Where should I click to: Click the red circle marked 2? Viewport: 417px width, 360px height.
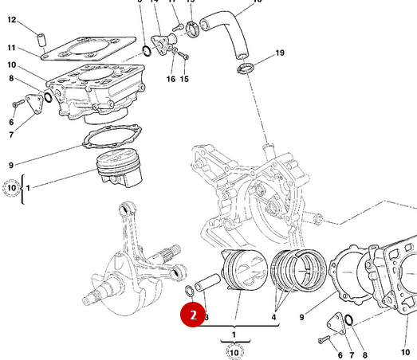[x=191, y=315]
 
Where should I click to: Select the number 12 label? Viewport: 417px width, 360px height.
[x=11, y=20]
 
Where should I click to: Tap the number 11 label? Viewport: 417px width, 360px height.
[x=11, y=48]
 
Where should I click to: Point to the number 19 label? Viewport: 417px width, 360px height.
[x=279, y=53]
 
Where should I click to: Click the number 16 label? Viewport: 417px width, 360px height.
[x=171, y=79]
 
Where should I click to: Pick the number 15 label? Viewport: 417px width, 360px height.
[x=184, y=79]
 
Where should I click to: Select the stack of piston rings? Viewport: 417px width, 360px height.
[x=297, y=272]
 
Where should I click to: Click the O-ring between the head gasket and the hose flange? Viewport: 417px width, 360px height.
[x=146, y=53]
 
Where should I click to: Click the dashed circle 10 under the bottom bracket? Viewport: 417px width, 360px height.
[x=234, y=350]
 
